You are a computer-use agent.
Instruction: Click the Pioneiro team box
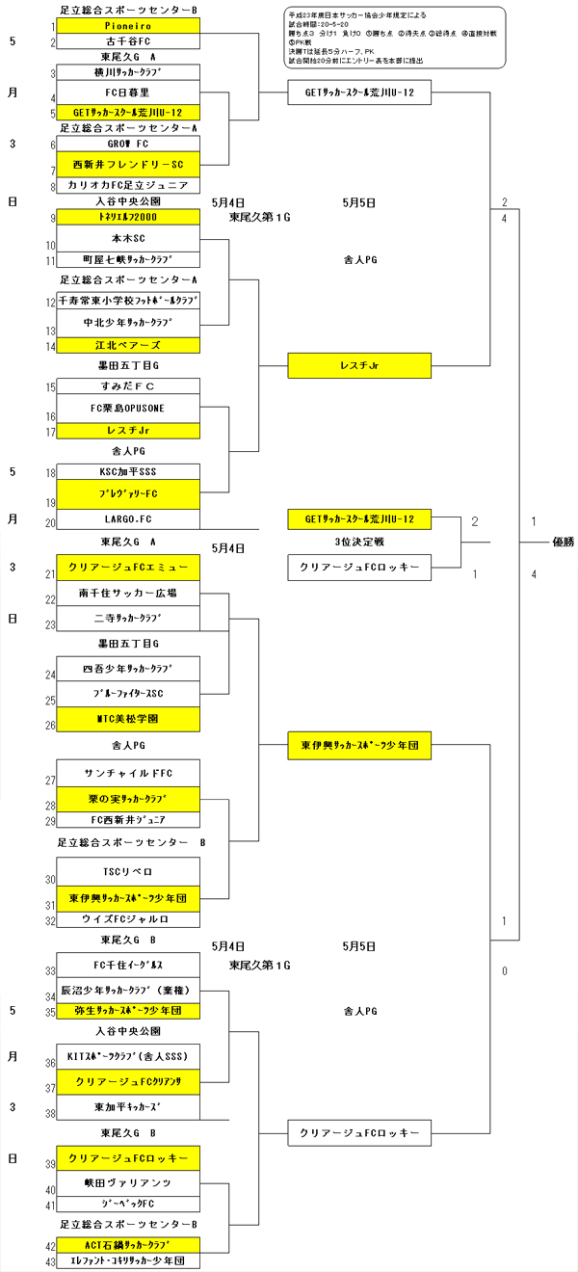(x=128, y=27)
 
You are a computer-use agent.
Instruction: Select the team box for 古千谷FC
(x=128, y=42)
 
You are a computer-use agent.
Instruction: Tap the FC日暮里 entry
(x=128, y=93)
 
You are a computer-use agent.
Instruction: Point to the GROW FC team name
(x=128, y=144)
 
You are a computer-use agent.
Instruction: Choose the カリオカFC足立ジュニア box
(x=128, y=185)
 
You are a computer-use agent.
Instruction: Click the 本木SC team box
(x=128, y=238)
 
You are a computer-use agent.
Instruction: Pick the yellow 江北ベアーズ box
(x=128, y=345)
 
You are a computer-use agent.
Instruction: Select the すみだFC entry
(x=128, y=386)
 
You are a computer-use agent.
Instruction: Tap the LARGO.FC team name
(x=128, y=521)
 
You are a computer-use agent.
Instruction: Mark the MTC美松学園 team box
(x=128, y=719)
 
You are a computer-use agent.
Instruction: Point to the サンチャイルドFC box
(x=128, y=773)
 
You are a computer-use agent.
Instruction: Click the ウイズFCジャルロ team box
(x=128, y=919)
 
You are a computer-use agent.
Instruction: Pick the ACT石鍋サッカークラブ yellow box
(x=128, y=1245)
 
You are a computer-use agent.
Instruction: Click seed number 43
(x=50, y=1262)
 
